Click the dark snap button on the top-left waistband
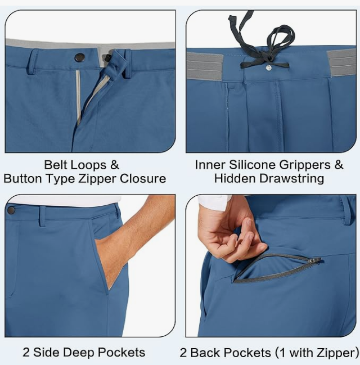point(80,57)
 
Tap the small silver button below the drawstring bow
point(269,67)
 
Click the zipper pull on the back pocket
point(314,260)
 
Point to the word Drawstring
point(291,178)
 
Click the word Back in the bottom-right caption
point(205,353)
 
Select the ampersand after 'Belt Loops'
point(115,165)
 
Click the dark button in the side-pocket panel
point(11,210)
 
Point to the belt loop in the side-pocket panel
point(42,216)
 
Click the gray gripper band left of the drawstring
point(205,66)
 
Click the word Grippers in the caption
point(305,165)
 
